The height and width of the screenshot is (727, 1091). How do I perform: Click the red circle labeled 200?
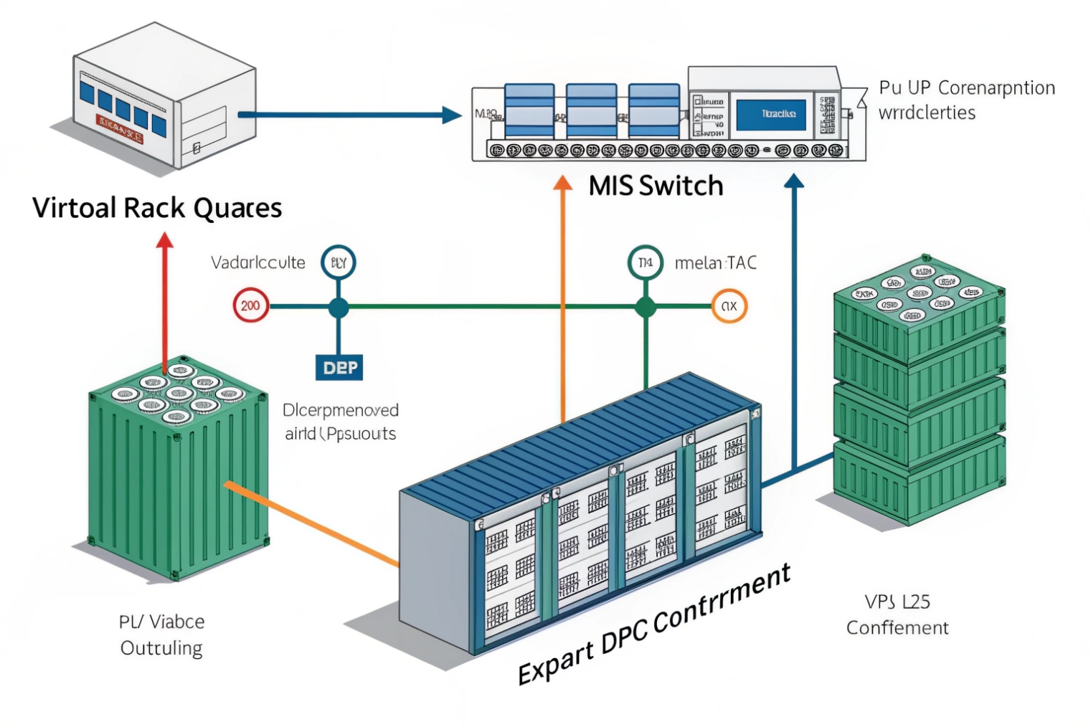click(x=250, y=306)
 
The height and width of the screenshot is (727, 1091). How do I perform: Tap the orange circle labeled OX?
click(x=729, y=306)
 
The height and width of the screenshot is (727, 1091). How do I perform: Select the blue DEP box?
click(x=339, y=368)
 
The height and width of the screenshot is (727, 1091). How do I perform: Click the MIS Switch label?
click(x=656, y=186)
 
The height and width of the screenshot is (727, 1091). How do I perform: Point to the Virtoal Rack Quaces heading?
click(x=157, y=208)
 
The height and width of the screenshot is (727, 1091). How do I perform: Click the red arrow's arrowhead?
click(x=165, y=240)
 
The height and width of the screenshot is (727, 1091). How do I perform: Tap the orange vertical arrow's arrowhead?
click(x=563, y=183)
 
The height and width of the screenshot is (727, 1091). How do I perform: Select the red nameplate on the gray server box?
click(x=121, y=129)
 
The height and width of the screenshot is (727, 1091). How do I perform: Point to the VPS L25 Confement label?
click(x=897, y=614)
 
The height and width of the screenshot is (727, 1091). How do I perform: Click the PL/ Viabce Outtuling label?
click(x=161, y=635)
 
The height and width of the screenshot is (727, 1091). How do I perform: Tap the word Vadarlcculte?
click(x=258, y=262)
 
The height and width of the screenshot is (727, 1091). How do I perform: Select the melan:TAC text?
click(x=715, y=263)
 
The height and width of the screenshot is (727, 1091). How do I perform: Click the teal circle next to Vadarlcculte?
click(x=339, y=262)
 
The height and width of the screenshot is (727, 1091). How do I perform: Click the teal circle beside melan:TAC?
click(x=645, y=263)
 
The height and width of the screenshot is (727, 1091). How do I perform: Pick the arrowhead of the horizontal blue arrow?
click(x=452, y=115)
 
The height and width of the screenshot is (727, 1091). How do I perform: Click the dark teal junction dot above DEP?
click(x=339, y=308)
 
